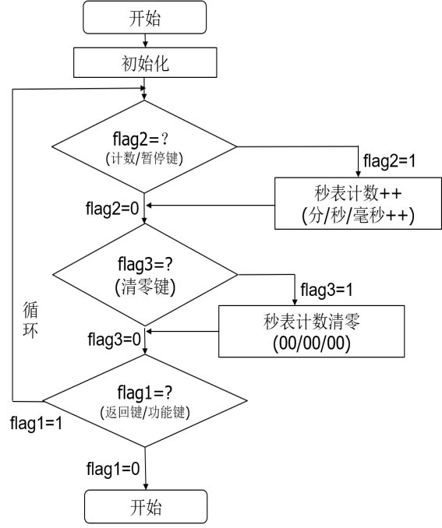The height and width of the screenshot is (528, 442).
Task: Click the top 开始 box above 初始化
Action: click(145, 17)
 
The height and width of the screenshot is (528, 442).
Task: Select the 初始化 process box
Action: click(145, 62)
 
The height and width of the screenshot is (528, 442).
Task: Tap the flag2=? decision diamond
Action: click(144, 147)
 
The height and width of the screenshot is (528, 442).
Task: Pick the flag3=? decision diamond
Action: click(145, 275)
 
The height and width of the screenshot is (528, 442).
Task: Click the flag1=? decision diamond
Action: click(145, 401)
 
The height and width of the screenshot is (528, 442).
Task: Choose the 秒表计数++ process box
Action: click(358, 203)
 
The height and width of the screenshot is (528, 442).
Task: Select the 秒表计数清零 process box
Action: click(312, 331)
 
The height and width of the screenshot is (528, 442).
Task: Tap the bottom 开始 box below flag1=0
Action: click(146, 507)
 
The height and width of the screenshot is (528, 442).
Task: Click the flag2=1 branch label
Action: click(390, 161)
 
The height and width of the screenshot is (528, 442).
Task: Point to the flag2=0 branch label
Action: click(112, 209)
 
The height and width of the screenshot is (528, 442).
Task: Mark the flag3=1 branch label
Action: click(327, 290)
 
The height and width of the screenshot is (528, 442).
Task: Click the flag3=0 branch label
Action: click(114, 339)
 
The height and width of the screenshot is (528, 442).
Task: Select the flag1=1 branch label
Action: click(36, 423)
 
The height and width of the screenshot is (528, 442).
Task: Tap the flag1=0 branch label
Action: click(113, 469)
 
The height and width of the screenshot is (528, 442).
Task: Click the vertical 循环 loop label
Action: click(30, 319)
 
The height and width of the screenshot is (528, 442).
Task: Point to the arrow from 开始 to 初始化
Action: click(145, 40)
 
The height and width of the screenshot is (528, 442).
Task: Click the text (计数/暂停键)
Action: click(144, 158)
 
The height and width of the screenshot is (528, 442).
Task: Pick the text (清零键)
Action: click(145, 287)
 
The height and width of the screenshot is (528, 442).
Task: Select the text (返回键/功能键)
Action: click(145, 412)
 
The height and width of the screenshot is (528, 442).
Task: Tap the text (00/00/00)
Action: click(312, 343)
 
